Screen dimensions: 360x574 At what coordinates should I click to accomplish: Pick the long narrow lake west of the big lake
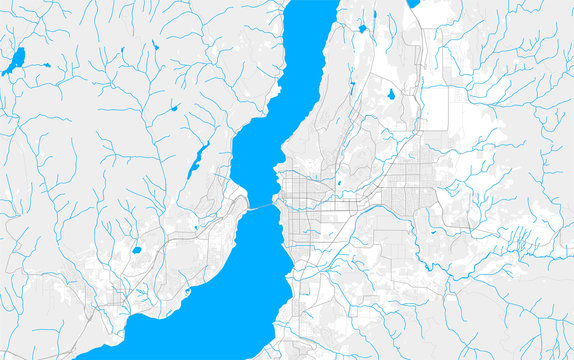[199, 159]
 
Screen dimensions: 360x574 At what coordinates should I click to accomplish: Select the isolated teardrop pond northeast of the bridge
[387, 95]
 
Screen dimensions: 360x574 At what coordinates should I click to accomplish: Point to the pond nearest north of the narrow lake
[174, 107]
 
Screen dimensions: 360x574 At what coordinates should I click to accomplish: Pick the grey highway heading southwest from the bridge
[215, 224]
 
